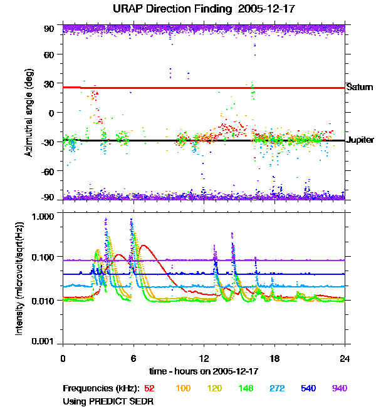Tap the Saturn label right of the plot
[360, 87]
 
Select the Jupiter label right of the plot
[360, 140]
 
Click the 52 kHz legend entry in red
[150, 388]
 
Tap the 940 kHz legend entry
[340, 388]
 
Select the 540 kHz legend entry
[309, 388]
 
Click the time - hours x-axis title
[204, 371]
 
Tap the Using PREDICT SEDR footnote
[108, 400]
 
